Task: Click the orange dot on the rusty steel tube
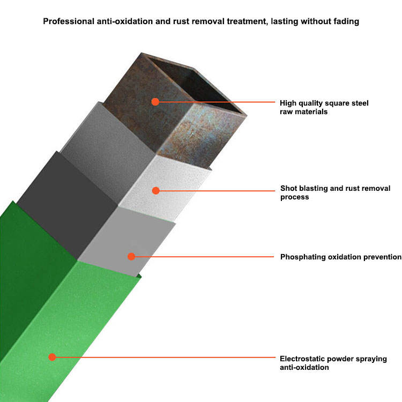pos(155,101)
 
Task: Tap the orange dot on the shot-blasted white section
pos(155,190)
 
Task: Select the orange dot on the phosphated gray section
pos(131,257)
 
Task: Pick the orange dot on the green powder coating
pos(52,356)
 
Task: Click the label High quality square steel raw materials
pos(324,107)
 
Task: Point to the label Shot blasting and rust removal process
pos(335,192)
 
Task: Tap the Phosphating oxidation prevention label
pos(340,257)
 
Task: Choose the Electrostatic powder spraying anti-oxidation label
pos(333,363)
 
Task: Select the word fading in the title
pos(345,22)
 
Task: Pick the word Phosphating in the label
pos(302,257)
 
